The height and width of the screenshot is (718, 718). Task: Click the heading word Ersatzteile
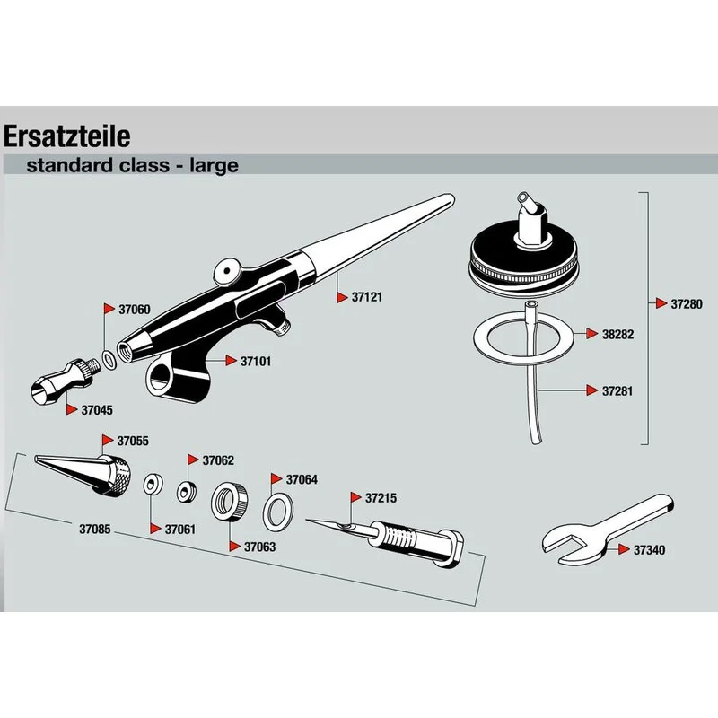66,136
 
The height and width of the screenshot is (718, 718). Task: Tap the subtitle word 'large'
214,166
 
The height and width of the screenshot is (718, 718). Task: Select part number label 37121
367,297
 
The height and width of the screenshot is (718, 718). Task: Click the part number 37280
687,304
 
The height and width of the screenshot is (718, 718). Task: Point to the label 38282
617,334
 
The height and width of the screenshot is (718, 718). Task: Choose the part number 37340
649,550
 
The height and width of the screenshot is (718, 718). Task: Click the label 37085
95,529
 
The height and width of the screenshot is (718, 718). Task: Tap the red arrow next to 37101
231,361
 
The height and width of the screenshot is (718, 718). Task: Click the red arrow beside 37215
356,497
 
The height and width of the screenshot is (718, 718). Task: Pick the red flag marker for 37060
109,309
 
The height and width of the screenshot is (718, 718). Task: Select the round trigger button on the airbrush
228,271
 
